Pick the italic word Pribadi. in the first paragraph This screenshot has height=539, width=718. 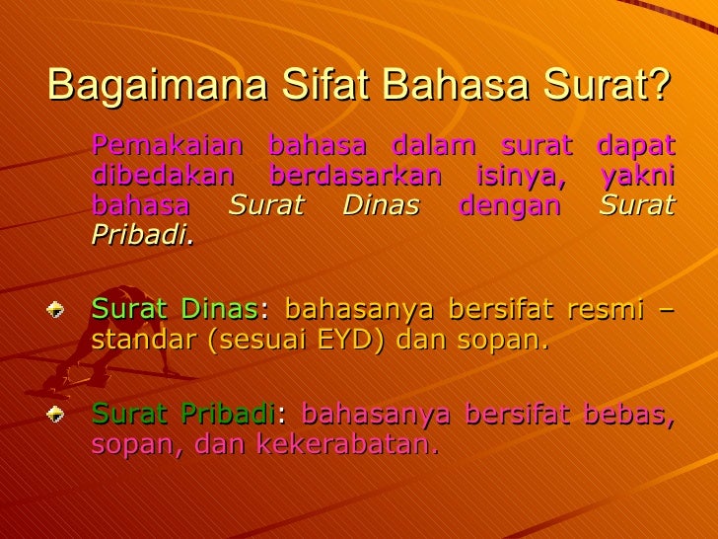coord(143,237)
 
